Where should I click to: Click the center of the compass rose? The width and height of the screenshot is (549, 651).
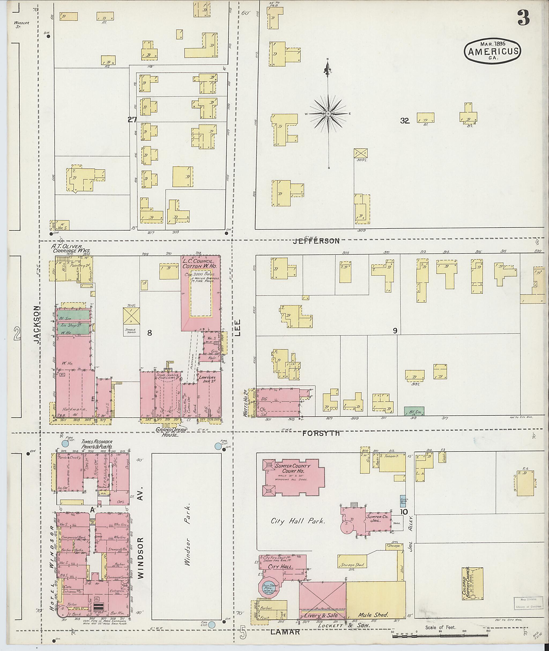[328, 114]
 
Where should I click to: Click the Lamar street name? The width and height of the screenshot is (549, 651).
[285, 631]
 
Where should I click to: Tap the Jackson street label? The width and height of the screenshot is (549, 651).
[37, 324]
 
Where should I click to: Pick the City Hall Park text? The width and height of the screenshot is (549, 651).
[298, 521]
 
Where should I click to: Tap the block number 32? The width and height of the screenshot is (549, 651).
[404, 121]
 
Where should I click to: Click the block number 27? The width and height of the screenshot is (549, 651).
[132, 120]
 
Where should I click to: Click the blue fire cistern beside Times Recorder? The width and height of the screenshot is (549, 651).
[65, 443]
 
